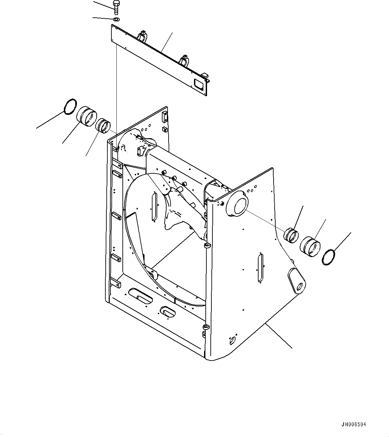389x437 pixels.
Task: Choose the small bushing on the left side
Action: (x=103, y=125)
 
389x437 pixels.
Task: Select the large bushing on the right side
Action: (x=310, y=246)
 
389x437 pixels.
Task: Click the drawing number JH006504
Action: (x=354, y=425)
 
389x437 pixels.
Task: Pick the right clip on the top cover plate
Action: (x=185, y=60)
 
